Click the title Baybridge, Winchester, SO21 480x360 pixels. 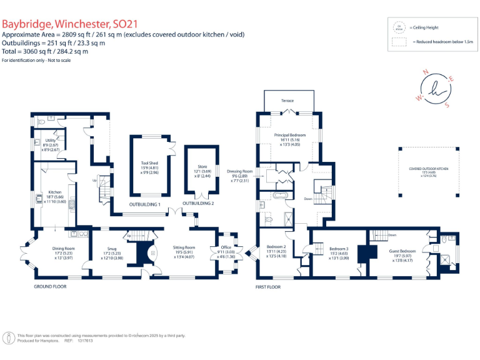69,24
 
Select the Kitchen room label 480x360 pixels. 54,192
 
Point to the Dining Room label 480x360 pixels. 63,248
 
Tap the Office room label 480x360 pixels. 226,248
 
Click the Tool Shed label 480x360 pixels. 149,162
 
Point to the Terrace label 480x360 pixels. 287,101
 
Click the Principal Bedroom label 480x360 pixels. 289,135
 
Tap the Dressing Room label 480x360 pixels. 240,171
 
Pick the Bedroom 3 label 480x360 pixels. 338,249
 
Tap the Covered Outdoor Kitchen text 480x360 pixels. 429,169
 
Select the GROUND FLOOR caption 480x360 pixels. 50,286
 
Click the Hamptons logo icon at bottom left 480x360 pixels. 9,338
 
